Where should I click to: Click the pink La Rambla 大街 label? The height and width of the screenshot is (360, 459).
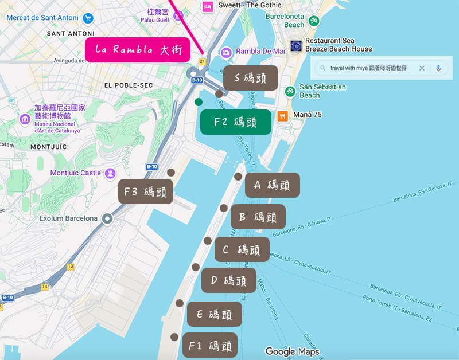(137, 50)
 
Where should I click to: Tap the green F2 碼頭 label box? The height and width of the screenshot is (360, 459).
(235, 122)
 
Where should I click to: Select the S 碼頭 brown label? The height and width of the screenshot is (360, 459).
(250, 77)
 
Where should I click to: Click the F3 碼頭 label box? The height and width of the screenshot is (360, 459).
(146, 192)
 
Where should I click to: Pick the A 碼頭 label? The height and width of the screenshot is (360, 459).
(272, 185)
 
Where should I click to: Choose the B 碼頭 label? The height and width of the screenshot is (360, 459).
(258, 217)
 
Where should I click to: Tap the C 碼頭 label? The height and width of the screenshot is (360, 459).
(242, 249)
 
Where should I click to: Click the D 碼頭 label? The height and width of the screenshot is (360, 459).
(228, 280)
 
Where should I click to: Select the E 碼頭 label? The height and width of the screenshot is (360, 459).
(214, 314)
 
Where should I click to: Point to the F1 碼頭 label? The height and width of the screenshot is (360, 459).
(209, 345)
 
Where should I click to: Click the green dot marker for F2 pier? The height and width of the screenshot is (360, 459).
(199, 102)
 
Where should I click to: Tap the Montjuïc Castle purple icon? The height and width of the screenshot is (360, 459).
(110, 173)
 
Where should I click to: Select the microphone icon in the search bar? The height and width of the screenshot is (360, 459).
(438, 68)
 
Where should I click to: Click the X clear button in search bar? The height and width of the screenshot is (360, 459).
(422, 68)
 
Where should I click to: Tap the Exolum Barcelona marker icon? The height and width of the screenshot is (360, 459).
(107, 218)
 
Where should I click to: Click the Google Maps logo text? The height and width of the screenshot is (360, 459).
(292, 351)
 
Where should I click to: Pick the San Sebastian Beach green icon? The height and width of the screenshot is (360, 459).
(290, 91)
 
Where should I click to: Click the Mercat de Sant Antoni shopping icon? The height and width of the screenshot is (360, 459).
(88, 18)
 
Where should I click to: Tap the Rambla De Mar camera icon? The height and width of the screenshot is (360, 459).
(227, 52)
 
